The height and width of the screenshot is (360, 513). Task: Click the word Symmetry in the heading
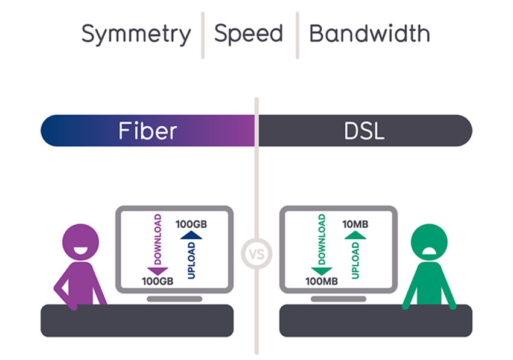[x=136, y=34]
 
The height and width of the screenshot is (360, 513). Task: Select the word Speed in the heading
[x=248, y=34]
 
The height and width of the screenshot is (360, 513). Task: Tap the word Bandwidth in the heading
[x=370, y=33]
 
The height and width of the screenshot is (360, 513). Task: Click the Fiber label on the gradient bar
[x=147, y=130]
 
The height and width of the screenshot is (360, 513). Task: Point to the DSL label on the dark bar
[x=364, y=131]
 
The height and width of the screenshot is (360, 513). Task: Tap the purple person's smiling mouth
[x=80, y=251]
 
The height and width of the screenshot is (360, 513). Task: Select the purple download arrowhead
[x=158, y=271]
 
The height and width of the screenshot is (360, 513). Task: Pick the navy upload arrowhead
[x=191, y=235]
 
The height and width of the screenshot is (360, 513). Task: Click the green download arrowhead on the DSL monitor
[x=322, y=271]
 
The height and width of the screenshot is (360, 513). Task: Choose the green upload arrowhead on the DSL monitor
[x=355, y=235]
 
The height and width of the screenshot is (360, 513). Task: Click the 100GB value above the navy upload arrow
[x=191, y=224]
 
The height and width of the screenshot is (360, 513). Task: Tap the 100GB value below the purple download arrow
[x=158, y=281]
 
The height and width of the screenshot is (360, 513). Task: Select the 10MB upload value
[x=355, y=224]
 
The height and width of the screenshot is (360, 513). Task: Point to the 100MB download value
[x=322, y=281]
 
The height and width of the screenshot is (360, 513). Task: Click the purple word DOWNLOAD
[x=158, y=239]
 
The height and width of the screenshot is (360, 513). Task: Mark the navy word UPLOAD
[x=191, y=260]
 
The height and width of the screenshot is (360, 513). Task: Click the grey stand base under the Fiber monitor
[x=174, y=299]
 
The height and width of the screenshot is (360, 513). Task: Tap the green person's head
[x=429, y=242]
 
